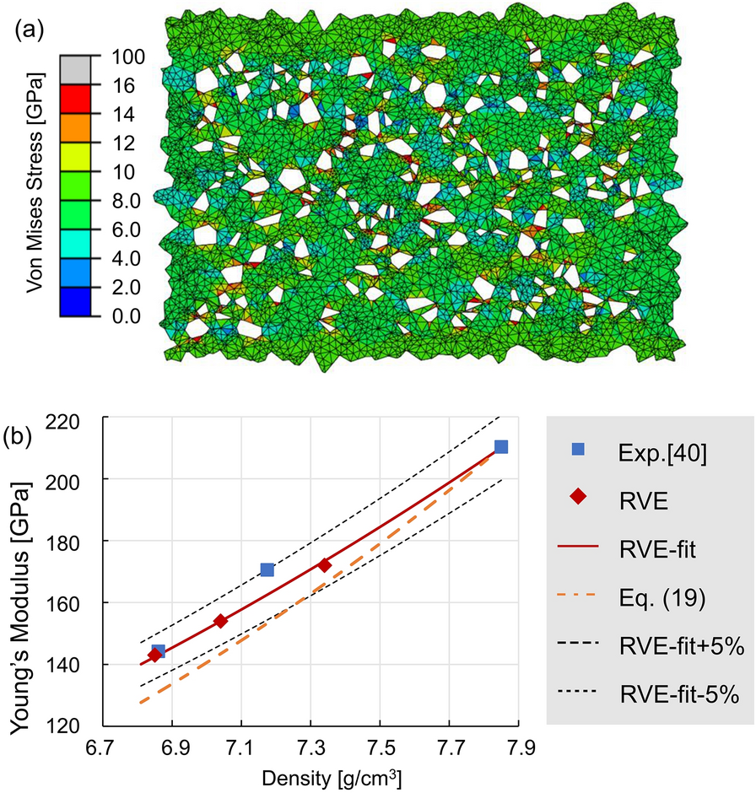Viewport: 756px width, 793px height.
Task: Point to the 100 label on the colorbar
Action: point(127,57)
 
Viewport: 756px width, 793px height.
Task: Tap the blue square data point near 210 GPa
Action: point(501,447)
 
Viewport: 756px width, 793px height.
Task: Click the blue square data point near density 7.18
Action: point(267,570)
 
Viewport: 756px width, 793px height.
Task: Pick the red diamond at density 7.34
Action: point(324,565)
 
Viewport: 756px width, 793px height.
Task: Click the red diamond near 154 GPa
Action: point(220,621)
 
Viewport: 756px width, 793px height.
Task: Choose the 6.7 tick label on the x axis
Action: point(103,747)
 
